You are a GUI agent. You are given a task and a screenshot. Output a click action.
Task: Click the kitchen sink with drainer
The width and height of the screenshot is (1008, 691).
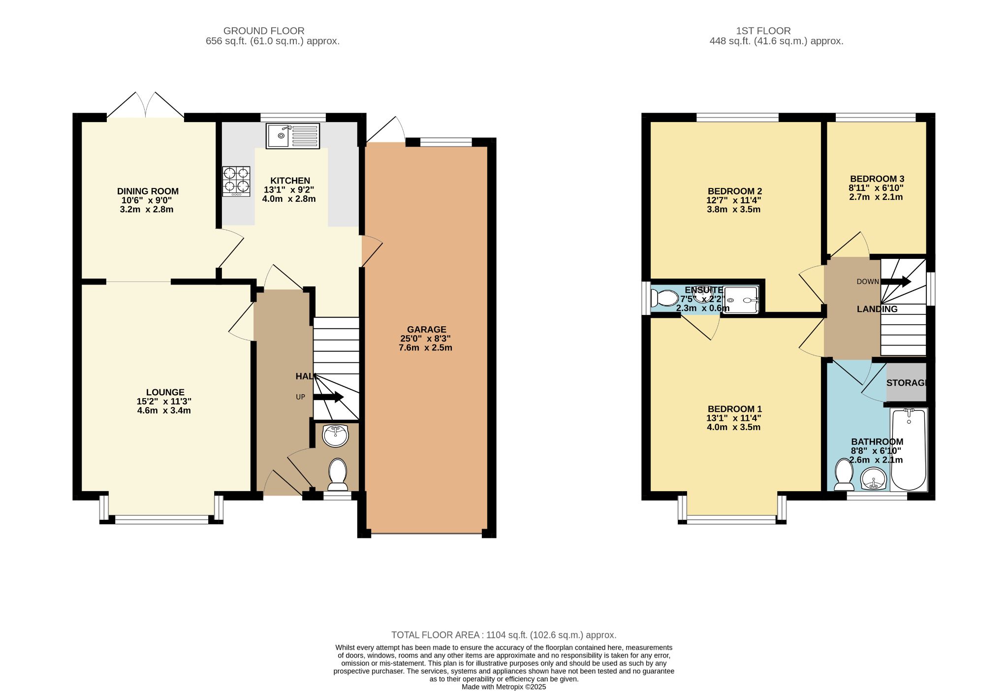(x=293, y=136)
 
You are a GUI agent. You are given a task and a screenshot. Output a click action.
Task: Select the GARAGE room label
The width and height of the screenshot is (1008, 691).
(x=426, y=329)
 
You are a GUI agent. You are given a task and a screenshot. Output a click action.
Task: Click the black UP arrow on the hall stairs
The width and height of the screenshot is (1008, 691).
(x=329, y=397)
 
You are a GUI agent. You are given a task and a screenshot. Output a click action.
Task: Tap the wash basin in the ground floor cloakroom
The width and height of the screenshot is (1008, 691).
(x=335, y=435)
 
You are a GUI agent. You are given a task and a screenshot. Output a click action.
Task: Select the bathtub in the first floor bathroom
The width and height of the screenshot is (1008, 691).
(x=909, y=449)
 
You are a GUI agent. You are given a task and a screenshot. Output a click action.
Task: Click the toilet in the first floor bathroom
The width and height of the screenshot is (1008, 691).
(x=844, y=474)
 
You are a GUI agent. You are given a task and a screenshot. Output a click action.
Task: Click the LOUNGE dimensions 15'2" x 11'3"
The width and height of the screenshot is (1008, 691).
(x=164, y=401)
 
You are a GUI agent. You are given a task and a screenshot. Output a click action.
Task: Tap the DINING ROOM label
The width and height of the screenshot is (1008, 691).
(x=148, y=191)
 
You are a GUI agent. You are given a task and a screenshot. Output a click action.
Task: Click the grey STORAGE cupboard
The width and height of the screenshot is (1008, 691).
(x=906, y=382)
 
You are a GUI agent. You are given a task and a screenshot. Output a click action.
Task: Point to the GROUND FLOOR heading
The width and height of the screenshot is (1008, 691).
(x=264, y=31)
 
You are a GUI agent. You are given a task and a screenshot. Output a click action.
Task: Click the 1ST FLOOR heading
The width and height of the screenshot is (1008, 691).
(x=763, y=31)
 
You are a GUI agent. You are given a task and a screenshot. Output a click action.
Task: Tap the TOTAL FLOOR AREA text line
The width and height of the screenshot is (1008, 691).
(x=504, y=635)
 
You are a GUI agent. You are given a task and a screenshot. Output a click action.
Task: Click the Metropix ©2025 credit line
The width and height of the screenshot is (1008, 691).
(x=504, y=687)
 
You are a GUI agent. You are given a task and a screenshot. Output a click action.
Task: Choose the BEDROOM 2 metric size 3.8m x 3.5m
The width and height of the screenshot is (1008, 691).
(x=734, y=209)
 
